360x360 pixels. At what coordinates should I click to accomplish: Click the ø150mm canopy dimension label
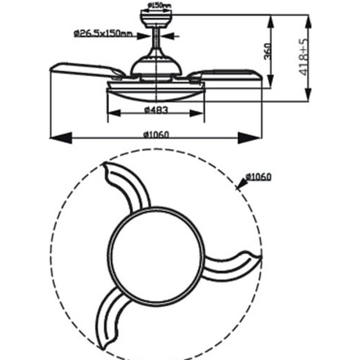(160, 5)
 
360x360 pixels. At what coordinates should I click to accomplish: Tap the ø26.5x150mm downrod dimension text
(103, 34)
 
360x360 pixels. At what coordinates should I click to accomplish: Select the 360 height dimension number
(268, 51)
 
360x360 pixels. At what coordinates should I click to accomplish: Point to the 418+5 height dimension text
(304, 57)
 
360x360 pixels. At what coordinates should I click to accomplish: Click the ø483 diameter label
(156, 110)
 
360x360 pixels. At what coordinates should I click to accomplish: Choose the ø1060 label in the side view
(156, 134)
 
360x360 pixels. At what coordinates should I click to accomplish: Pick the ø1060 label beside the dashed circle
(258, 177)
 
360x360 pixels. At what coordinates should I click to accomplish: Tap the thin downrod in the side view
(156, 38)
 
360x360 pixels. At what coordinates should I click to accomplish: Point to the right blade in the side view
(225, 75)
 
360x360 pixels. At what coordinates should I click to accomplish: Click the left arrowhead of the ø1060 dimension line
(61, 138)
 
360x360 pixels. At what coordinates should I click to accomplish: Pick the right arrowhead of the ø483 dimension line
(197, 113)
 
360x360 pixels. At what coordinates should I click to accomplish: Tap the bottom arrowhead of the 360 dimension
(271, 81)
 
